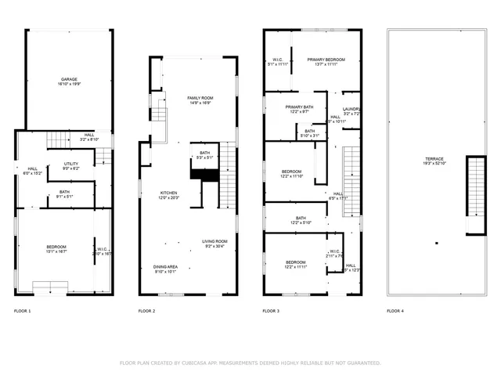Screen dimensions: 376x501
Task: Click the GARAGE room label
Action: click(x=68, y=80)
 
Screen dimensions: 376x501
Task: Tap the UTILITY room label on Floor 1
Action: click(x=70, y=164)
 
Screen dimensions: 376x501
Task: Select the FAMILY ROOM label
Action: click(x=200, y=97)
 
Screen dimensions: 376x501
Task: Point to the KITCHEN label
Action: click(x=169, y=193)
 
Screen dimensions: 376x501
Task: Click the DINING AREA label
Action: click(x=165, y=267)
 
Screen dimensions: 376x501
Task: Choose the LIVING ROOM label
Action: click(x=214, y=242)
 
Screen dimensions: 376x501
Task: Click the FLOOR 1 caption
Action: click(x=23, y=311)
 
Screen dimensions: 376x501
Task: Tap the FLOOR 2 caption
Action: click(x=147, y=311)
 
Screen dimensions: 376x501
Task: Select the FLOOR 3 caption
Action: click(x=271, y=311)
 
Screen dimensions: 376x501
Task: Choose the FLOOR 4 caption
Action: click(x=395, y=311)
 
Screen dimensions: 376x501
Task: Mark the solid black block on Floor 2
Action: click(x=204, y=168)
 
